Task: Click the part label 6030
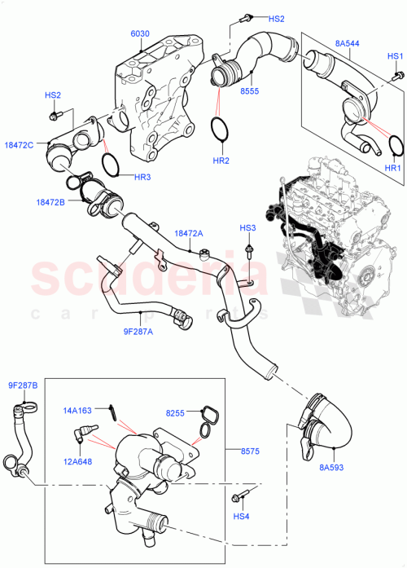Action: click(x=140, y=33)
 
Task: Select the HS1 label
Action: click(x=395, y=56)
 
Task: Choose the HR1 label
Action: click(x=392, y=169)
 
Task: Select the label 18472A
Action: click(x=188, y=234)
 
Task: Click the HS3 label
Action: click(x=247, y=227)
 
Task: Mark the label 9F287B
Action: click(x=23, y=385)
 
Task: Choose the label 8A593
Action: click(x=330, y=468)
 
